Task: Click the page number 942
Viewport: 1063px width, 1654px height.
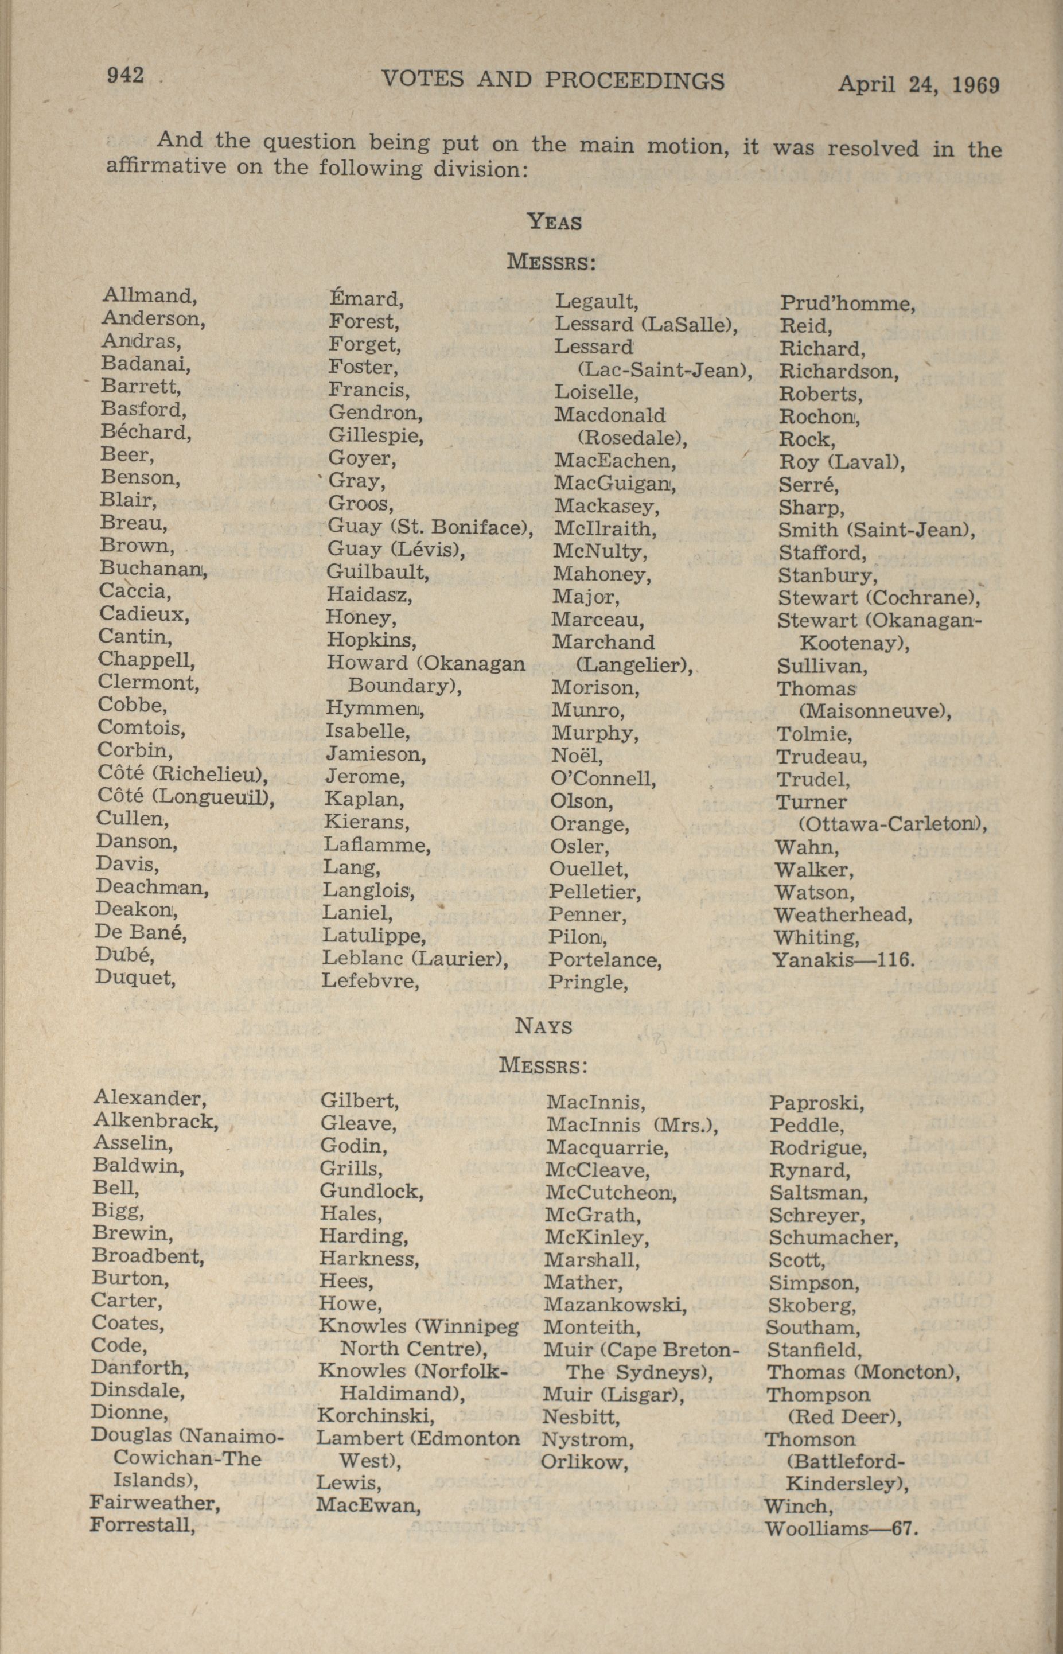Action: pyautogui.click(x=125, y=75)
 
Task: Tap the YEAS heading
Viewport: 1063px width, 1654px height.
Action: pyautogui.click(x=554, y=222)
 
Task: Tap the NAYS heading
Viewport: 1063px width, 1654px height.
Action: pyautogui.click(x=544, y=1026)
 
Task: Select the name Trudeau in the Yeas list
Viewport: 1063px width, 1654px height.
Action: pyautogui.click(x=821, y=757)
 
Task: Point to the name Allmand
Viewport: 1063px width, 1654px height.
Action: pyautogui.click(x=150, y=296)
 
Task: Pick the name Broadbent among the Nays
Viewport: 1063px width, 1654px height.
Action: pyautogui.click(x=147, y=1255)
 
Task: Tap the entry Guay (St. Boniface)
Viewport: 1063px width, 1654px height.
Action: pyautogui.click(x=430, y=527)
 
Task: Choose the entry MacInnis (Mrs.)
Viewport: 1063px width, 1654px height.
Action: pyautogui.click(x=632, y=1125)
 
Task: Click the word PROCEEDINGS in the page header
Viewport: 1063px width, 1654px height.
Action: pyautogui.click(x=634, y=81)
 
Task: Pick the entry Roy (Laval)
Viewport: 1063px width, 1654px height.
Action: pyautogui.click(x=842, y=462)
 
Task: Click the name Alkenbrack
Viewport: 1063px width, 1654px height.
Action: pyautogui.click(x=155, y=1120)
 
